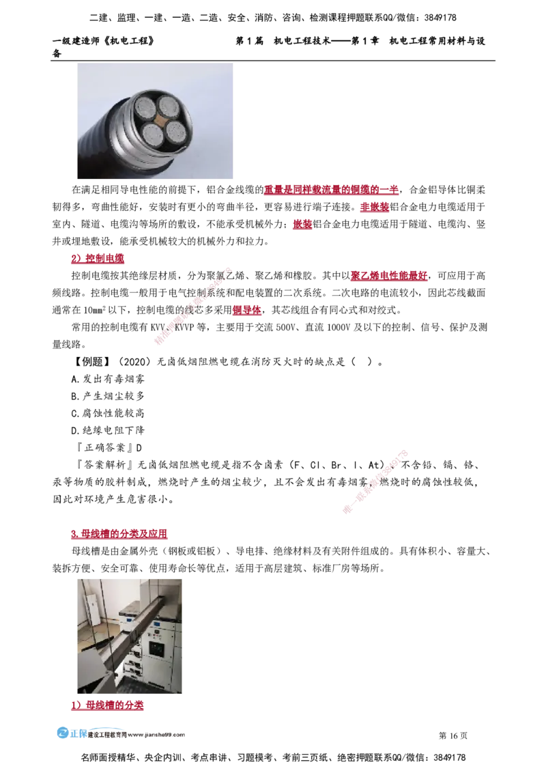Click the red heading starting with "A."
coord(97,260)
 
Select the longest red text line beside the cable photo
coord(330,190)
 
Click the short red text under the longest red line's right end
coord(374,207)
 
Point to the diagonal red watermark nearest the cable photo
coord(194,307)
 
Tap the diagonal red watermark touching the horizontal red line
coord(375,482)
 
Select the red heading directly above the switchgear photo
coord(119,535)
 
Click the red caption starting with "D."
coord(108,707)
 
